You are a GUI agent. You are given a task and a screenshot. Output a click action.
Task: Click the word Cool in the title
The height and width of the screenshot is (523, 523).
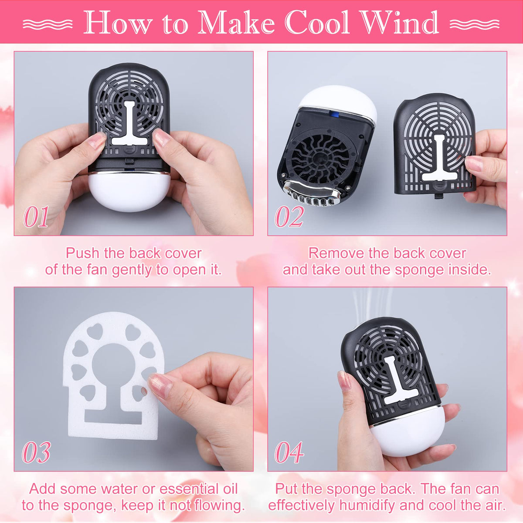coord(317,23)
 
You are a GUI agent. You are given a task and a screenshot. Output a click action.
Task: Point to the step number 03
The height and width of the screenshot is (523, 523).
coord(36,452)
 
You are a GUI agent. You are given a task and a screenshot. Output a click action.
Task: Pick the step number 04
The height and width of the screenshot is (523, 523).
coord(289,452)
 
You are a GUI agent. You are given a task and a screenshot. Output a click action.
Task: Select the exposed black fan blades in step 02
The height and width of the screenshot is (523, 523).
coord(322,160)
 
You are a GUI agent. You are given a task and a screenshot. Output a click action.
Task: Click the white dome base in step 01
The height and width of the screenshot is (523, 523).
coord(129,192)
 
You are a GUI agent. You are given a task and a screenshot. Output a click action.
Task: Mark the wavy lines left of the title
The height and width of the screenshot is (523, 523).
coord(48,24)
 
